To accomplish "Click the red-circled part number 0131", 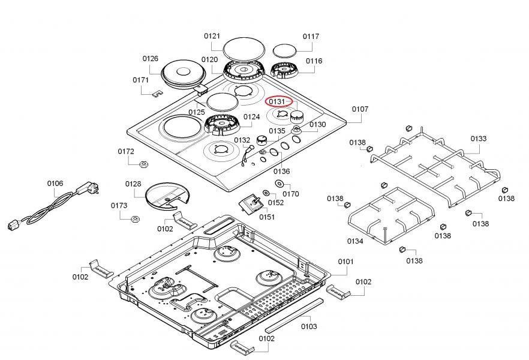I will (279, 102).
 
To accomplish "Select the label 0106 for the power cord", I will (55, 184).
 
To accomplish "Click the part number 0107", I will (360, 109).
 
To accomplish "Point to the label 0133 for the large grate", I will (478, 139).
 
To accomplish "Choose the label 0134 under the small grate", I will (355, 241).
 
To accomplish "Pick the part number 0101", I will (346, 262).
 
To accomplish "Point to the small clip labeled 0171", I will (157, 93).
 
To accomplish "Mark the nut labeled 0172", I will (144, 164).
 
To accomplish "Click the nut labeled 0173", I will (136, 217).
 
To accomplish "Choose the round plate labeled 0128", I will (167, 196).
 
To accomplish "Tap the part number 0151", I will (267, 217).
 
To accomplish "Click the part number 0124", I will (252, 116).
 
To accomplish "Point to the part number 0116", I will (314, 61).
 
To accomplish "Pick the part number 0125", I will (197, 112).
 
